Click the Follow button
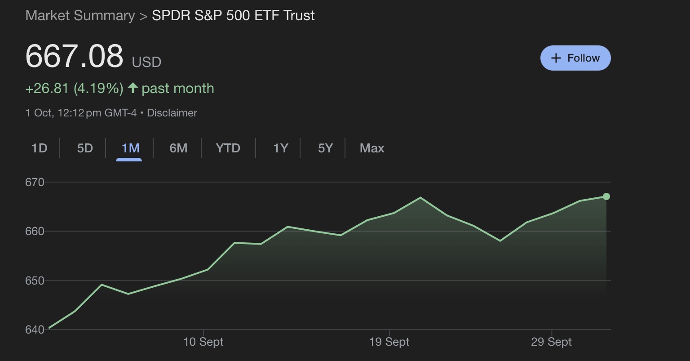pos(575,58)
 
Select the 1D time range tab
pos(40,148)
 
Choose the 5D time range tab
pos(85,148)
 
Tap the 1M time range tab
pos(130,148)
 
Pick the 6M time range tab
pos(178,148)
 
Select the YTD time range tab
pos(228,148)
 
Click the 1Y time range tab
pos(280,148)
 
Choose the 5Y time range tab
pos(325,148)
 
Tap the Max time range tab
pos(372,148)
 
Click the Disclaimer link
pos(172,113)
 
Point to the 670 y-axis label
pos(35,182)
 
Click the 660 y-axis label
pos(35,231)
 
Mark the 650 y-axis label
pos(35,281)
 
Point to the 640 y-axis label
pos(35,330)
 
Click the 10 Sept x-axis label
pos(203,342)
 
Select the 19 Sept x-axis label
pos(389,342)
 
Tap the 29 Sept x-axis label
pos(551,342)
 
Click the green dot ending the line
pos(606,196)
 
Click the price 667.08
pos(74,56)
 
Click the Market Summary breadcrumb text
pos(80,15)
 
